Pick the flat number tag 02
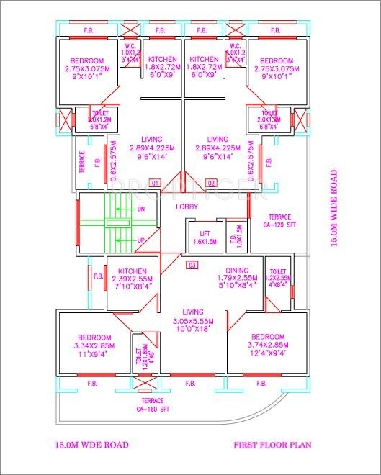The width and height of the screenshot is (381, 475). [212, 183]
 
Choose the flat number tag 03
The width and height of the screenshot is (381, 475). [192, 265]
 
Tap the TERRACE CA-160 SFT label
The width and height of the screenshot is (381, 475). [152, 404]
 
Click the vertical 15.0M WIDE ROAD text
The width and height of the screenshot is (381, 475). [333, 208]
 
